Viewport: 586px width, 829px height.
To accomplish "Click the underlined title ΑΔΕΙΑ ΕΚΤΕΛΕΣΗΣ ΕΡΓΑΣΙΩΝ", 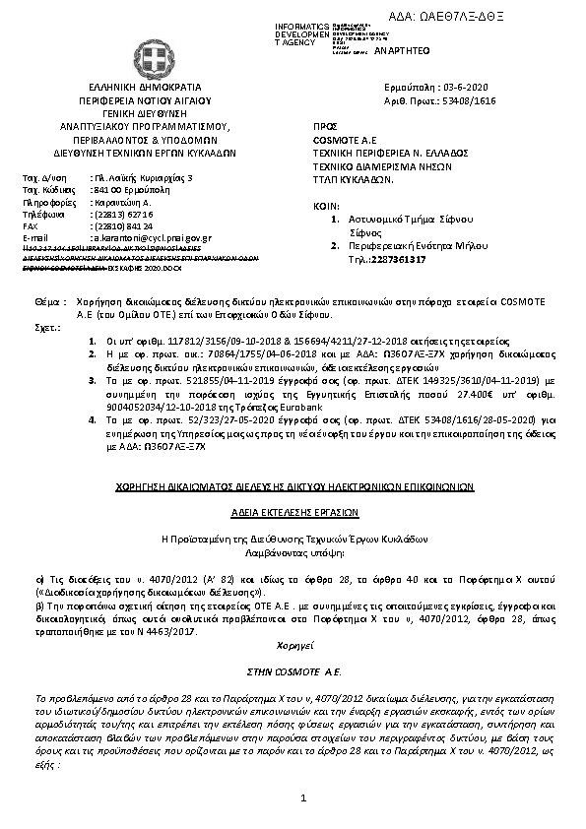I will click(x=292, y=513).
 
